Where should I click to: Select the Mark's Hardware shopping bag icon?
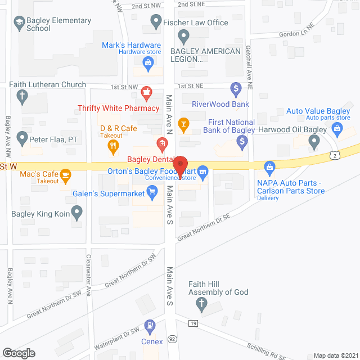coord(147,64)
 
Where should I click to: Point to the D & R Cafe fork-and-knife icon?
coord(113,147)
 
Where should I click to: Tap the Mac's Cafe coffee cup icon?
coord(66,175)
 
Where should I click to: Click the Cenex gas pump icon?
coord(150,326)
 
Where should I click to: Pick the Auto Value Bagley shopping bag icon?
coord(337,129)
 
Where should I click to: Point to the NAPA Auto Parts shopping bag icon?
coord(270,166)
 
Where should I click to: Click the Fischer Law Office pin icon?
coord(156,22)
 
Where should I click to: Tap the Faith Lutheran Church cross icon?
coord(22,97)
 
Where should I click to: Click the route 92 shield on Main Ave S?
coord(172,339)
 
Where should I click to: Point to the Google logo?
coord(18,353)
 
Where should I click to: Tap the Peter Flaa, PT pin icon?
coord(22,137)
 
